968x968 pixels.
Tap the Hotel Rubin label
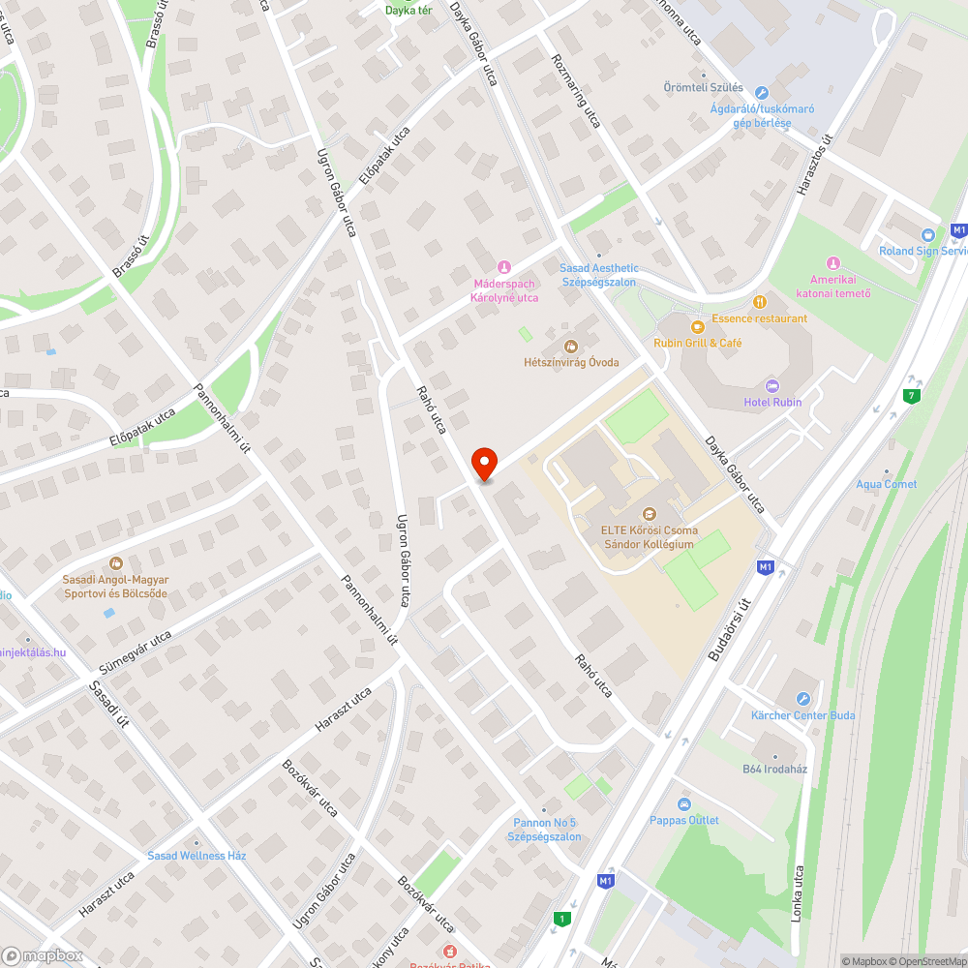click(772, 402)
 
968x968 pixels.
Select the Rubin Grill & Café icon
click(696, 326)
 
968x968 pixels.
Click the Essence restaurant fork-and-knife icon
click(759, 301)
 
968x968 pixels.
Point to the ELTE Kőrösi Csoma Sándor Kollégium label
click(649, 537)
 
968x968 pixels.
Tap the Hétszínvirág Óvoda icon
click(570, 347)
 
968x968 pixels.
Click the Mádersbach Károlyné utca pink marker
click(502, 266)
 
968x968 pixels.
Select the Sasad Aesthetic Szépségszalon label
click(599, 275)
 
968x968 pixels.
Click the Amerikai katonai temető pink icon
click(832, 262)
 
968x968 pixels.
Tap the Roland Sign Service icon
click(928, 234)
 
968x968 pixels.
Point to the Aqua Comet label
click(886, 484)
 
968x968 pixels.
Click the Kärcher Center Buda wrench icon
click(802, 699)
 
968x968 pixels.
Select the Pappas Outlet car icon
click(684, 804)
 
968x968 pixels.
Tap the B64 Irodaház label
click(774, 769)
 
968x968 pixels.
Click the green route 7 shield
click(910, 395)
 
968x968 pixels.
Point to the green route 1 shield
click(560, 918)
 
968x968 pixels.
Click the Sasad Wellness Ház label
click(197, 856)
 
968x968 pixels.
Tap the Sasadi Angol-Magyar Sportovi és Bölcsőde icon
click(116, 562)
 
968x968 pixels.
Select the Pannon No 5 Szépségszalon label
click(547, 830)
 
